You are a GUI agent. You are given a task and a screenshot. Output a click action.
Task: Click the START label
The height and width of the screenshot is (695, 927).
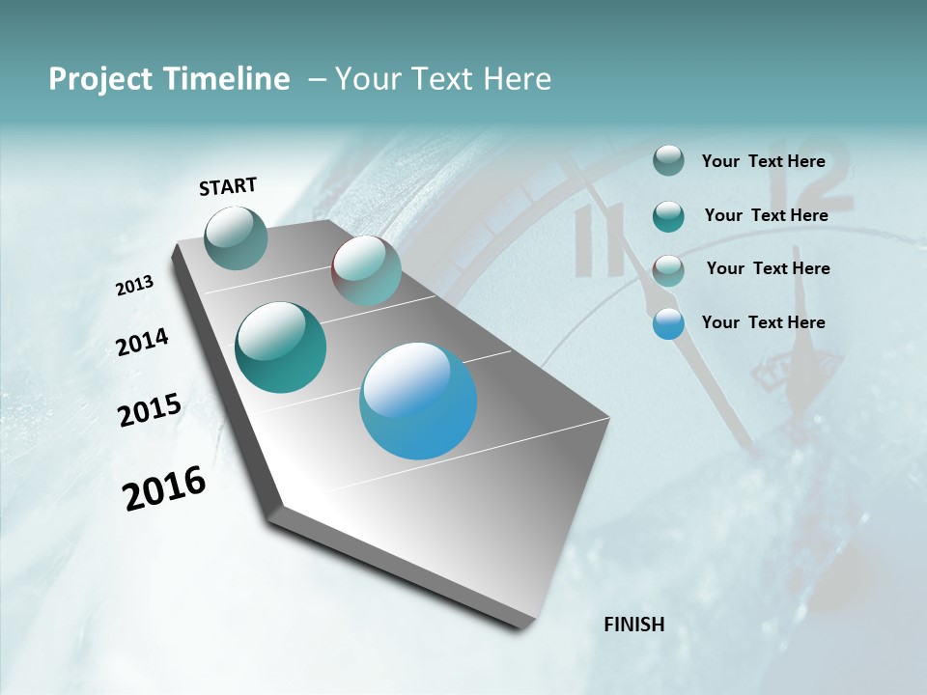tap(228, 186)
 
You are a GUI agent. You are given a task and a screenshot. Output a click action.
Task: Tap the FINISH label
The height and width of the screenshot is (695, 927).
tap(633, 625)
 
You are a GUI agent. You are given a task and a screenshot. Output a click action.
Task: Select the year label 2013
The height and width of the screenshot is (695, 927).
tap(135, 286)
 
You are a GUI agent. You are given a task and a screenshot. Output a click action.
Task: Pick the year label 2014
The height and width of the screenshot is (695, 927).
tap(143, 342)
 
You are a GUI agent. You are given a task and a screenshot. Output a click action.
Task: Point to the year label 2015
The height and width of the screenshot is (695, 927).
tap(150, 410)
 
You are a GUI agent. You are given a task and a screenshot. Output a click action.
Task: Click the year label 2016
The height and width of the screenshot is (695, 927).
tap(164, 488)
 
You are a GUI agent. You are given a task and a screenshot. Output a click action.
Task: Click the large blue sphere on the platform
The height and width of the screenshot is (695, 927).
tap(418, 401)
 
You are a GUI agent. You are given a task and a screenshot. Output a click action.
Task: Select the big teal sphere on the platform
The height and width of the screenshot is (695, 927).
tap(281, 347)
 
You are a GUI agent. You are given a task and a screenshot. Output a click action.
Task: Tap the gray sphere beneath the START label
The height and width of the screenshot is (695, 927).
tap(237, 238)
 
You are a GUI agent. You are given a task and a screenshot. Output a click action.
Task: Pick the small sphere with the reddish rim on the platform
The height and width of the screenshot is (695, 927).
tap(366, 270)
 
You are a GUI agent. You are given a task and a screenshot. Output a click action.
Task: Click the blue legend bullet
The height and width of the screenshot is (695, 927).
tap(668, 324)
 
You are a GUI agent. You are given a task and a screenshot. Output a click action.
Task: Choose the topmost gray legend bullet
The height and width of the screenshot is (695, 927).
tap(668, 161)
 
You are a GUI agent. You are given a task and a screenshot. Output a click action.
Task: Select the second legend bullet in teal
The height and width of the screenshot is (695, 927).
tap(668, 216)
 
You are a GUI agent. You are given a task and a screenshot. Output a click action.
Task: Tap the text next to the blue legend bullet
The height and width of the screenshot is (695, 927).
tap(763, 322)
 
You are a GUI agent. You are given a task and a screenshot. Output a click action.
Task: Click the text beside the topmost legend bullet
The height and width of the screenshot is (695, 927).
tap(763, 161)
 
